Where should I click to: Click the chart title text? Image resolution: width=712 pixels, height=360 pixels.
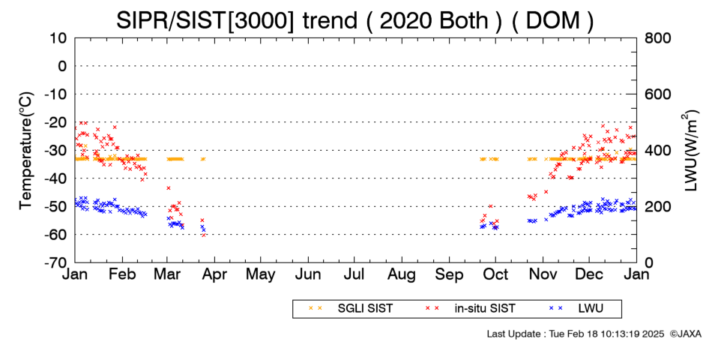pyautogui.click(x=355, y=20)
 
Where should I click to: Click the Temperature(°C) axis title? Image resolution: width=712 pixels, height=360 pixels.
pyautogui.click(x=26, y=151)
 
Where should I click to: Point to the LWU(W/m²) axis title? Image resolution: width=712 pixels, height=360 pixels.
pyautogui.click(x=690, y=151)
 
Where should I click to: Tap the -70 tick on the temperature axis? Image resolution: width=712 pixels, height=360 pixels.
pyautogui.click(x=56, y=262)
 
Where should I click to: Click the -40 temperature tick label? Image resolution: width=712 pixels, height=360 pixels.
pyautogui.click(x=56, y=178)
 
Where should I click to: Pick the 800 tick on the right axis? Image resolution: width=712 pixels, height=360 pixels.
pyautogui.click(x=658, y=38)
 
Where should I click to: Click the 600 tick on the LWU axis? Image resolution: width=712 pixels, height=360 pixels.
pyautogui.click(x=658, y=94)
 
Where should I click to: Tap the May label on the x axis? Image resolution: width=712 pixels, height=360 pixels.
pyautogui.click(x=261, y=275)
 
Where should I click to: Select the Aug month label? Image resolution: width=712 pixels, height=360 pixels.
pyautogui.click(x=402, y=275)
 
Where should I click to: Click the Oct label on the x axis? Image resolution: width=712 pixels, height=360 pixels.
pyautogui.click(x=496, y=274)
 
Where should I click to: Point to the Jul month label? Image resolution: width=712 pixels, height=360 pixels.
pyautogui.click(x=355, y=274)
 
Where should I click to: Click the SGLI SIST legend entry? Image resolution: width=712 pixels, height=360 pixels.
pyautogui.click(x=351, y=309)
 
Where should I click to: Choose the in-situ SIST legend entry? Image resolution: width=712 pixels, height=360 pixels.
pyautogui.click(x=471, y=309)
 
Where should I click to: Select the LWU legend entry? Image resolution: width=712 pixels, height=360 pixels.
pyautogui.click(x=576, y=309)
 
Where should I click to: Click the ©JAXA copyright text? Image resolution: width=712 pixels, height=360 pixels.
pyautogui.click(x=685, y=334)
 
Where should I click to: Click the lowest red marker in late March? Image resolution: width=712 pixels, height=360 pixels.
pyautogui.click(x=203, y=235)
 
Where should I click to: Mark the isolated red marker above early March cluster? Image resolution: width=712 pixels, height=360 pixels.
pyautogui.click(x=169, y=187)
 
